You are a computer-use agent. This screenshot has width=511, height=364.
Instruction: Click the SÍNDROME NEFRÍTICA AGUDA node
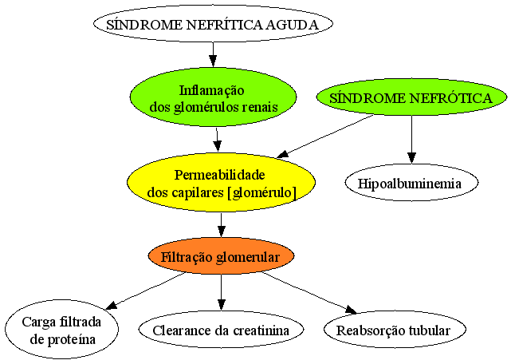coord(213,24)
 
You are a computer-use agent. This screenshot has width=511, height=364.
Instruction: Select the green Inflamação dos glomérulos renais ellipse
coord(213,97)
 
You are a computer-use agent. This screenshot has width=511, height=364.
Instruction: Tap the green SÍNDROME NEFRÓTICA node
coord(411,97)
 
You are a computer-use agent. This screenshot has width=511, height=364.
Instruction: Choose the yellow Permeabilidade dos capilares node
coord(222,183)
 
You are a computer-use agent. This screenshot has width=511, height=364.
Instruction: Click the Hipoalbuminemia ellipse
coord(411,183)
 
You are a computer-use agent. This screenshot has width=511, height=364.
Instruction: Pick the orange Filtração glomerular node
coord(222,256)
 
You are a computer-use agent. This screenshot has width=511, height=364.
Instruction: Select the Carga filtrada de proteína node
coord(61,330)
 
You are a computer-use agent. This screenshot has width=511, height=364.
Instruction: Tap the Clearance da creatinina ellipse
coord(222,330)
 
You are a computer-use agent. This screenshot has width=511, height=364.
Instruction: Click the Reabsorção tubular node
coord(395,330)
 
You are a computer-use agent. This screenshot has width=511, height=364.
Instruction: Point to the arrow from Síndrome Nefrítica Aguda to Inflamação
coord(213,55)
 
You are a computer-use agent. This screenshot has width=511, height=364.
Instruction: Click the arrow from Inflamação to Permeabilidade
coord(218,140)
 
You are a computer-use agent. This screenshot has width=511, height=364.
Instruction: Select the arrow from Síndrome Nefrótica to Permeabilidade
coord(325,136)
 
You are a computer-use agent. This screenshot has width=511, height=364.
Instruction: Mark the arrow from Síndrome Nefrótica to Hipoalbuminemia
coord(411,140)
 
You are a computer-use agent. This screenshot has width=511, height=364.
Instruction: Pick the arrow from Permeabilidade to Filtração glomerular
coord(222,225)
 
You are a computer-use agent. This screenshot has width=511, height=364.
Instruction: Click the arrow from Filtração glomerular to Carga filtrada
coord(145,291)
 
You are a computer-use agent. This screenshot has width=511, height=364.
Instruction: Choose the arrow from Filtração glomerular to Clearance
coord(222,292)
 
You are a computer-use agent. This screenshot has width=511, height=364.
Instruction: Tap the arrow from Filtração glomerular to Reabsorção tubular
coord(309,292)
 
